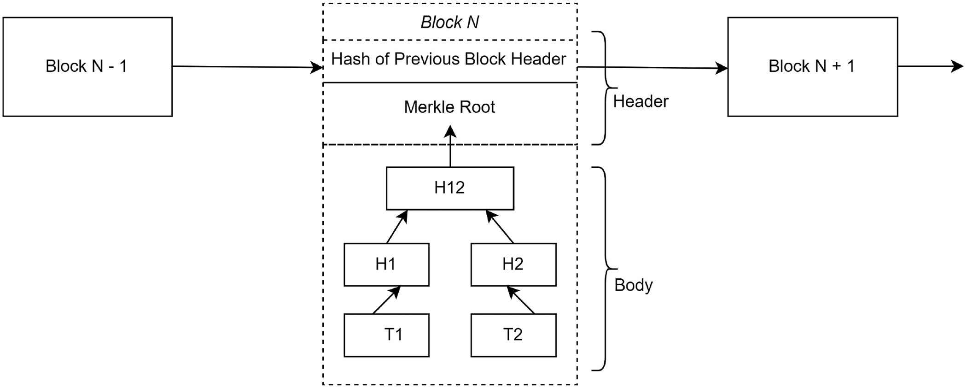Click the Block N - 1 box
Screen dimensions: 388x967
[87, 67]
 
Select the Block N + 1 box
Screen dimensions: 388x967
[812, 67]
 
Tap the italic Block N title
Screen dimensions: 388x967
[450, 22]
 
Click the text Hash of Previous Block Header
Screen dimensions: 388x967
[449, 59]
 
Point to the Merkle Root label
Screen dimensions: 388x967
[449, 107]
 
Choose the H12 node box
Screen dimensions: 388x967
[450, 188]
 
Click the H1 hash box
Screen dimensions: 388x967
[386, 265]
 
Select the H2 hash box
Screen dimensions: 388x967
[513, 265]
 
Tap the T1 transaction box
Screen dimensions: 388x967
[386, 335]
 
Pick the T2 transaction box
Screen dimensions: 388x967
[513, 335]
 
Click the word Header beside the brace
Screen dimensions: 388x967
[640, 101]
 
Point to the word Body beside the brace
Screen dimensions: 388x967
[633, 285]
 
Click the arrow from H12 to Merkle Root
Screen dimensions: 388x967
[450, 147]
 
